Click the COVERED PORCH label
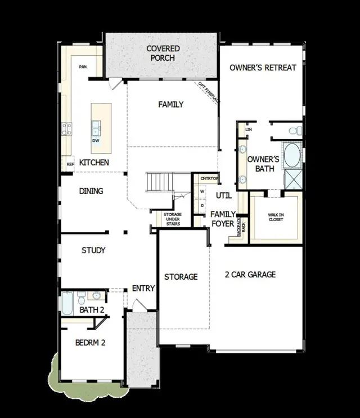click(x=163, y=53)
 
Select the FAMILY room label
click(x=171, y=104)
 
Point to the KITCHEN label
click(x=94, y=163)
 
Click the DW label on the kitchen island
click(x=96, y=141)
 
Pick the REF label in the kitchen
click(x=70, y=164)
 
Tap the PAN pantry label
click(x=83, y=66)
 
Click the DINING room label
click(x=91, y=191)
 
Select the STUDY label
click(x=93, y=250)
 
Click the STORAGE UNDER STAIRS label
click(x=173, y=218)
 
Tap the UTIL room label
click(x=224, y=195)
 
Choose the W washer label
click(x=202, y=192)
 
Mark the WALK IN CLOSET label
click(x=276, y=217)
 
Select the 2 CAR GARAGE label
click(x=250, y=275)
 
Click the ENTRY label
click(x=143, y=289)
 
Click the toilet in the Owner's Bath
click(x=295, y=131)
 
